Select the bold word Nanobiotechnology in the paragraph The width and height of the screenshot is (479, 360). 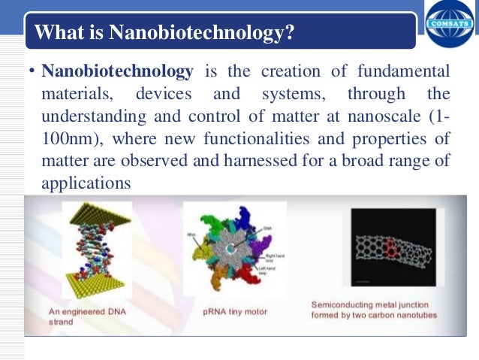[x=117, y=71]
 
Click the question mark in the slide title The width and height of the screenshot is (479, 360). [x=288, y=33]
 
